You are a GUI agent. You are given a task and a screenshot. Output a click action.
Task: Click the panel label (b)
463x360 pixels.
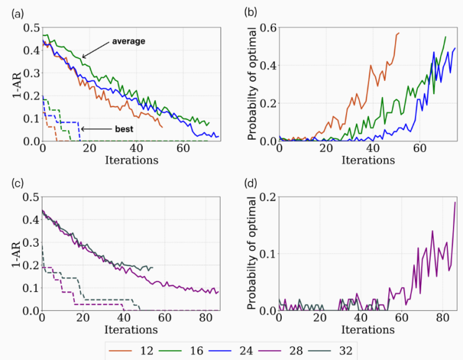pos(254,11)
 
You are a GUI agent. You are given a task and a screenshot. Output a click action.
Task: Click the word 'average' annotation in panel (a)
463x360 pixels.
pos(128,41)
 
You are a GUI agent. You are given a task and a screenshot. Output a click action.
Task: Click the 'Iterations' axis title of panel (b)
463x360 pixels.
pos(368,160)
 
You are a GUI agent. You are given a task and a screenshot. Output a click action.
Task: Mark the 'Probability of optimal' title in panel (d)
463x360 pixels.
pos(252,253)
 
